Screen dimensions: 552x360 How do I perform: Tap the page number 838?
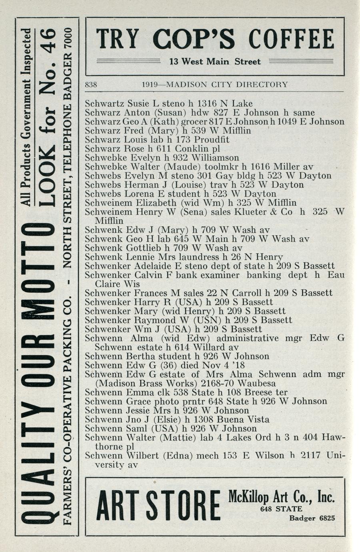(92, 85)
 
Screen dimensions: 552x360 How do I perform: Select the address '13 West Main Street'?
(215, 62)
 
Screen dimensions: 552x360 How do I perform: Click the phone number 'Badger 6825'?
(312, 518)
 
